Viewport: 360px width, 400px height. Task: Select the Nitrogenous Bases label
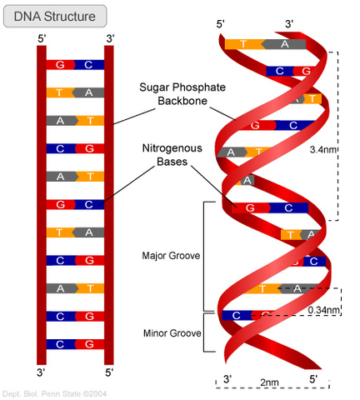pyautogui.click(x=171, y=154)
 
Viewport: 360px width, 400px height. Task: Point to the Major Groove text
pyautogui.click(x=171, y=256)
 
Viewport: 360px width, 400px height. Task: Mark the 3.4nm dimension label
pyautogui.click(x=323, y=151)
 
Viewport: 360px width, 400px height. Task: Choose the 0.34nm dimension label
pyautogui.click(x=324, y=310)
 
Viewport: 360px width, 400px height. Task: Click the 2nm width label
pyautogui.click(x=270, y=382)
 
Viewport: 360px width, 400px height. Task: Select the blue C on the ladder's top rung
pyautogui.click(x=89, y=63)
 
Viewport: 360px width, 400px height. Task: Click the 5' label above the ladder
pyautogui.click(x=42, y=38)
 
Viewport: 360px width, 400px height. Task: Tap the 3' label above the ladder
pyautogui.click(x=109, y=38)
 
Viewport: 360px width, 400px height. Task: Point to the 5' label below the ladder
pyautogui.click(x=109, y=372)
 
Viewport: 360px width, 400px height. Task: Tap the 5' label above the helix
pyautogui.click(x=221, y=24)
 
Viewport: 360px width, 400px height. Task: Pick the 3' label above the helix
pyautogui.click(x=288, y=24)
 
